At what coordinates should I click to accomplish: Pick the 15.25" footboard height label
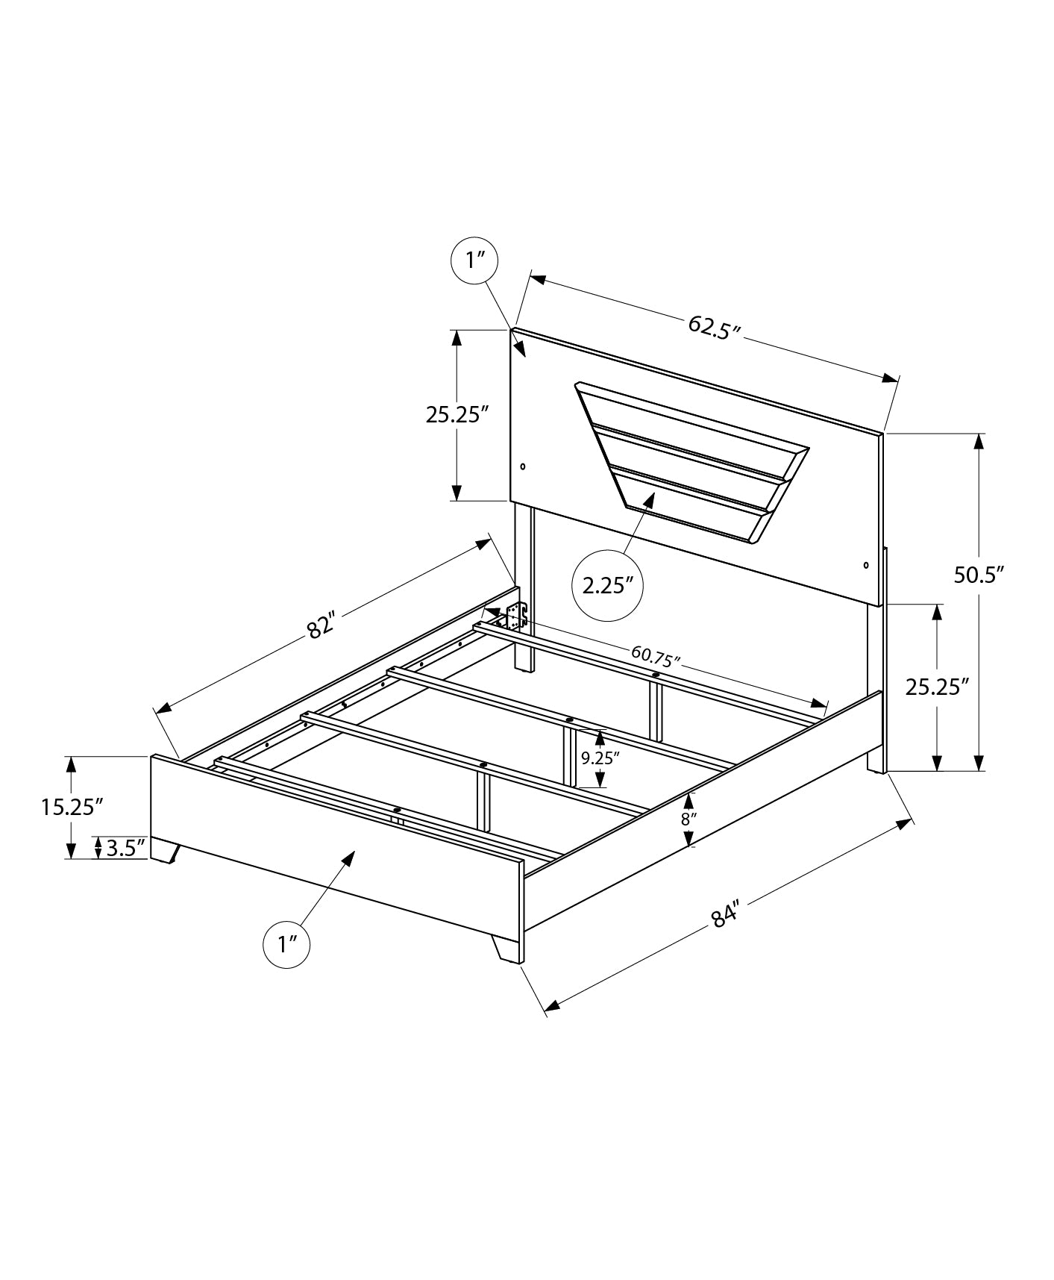[x=72, y=807]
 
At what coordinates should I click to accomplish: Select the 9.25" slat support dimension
[x=600, y=758]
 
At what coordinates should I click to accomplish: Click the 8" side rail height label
[x=688, y=818]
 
